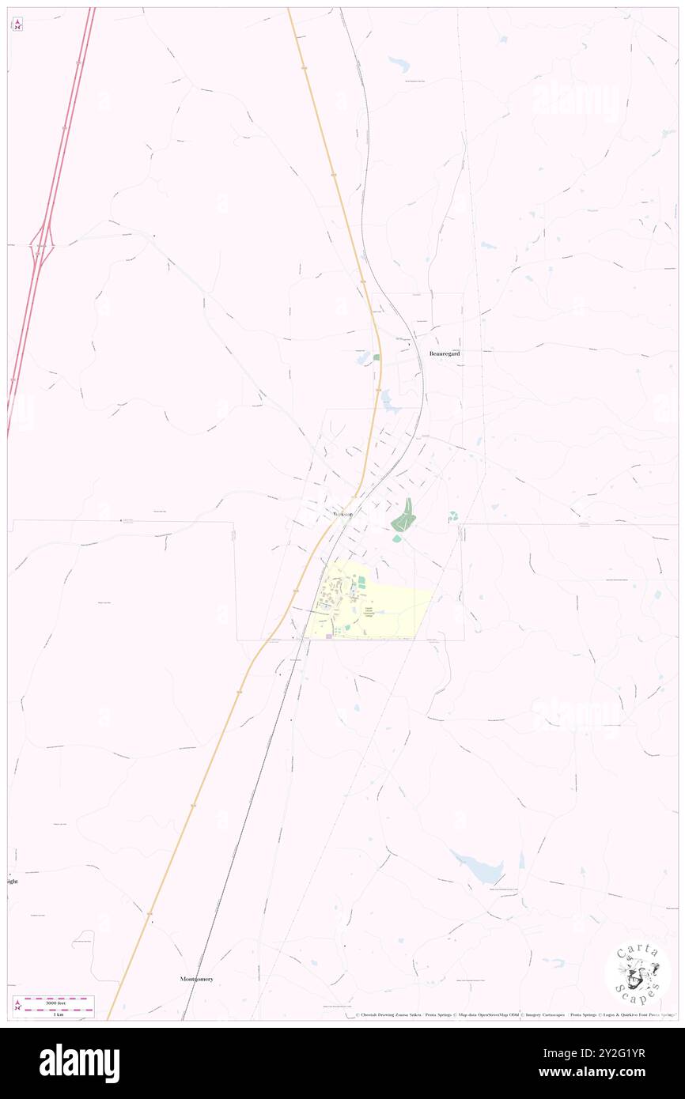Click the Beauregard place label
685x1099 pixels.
tap(445, 353)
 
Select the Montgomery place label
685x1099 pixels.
tap(196, 979)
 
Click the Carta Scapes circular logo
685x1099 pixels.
tap(638, 974)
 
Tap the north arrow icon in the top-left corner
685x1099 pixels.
tap(17, 25)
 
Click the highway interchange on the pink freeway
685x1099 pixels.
tap(42, 246)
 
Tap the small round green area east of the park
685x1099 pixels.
tap(452, 516)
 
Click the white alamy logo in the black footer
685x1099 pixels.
tap(79, 1062)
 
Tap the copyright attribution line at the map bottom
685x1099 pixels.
tap(514, 1014)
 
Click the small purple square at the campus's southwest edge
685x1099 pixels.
tap(328, 636)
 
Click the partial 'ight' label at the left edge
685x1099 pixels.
tap(11, 881)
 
